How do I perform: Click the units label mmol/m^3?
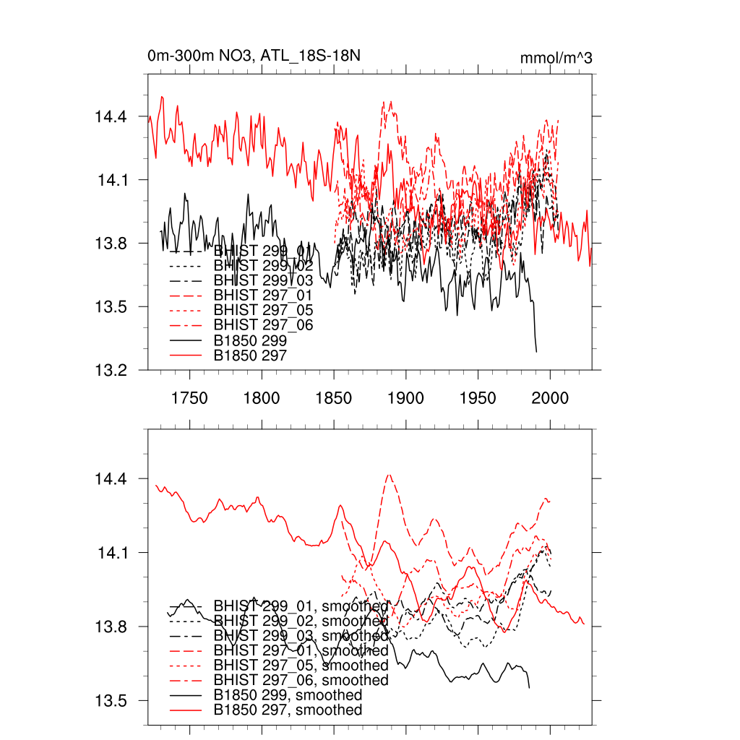click(x=556, y=58)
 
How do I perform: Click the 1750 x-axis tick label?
click(x=190, y=397)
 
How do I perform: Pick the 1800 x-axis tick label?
click(x=262, y=397)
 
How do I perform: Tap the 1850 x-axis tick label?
click(x=334, y=397)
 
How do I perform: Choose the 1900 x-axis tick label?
click(x=405, y=397)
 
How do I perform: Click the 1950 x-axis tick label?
click(x=478, y=397)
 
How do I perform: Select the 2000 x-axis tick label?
click(x=550, y=397)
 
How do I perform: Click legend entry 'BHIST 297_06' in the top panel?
click(x=263, y=325)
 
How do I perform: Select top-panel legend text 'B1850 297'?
click(x=251, y=356)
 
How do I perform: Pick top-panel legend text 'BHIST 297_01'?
click(x=263, y=295)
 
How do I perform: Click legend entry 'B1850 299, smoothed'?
click(x=288, y=695)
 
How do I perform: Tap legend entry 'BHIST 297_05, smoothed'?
click(x=301, y=665)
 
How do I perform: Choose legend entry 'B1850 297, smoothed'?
click(x=288, y=710)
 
